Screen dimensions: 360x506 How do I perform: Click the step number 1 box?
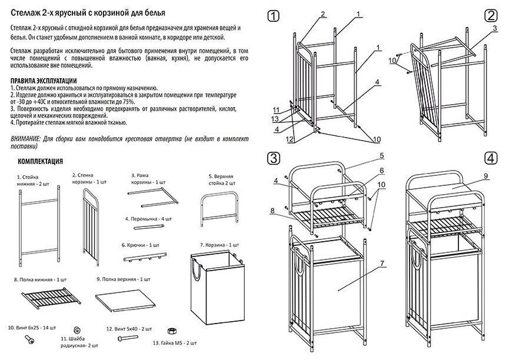(272, 16)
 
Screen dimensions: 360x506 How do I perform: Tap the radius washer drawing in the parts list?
(77, 331)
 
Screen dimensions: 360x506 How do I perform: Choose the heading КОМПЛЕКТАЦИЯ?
(41, 161)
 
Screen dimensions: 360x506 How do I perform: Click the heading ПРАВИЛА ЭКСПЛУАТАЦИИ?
(44, 81)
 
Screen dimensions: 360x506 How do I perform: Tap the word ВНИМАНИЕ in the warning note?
(25, 136)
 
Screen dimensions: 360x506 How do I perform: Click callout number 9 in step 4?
(487, 175)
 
